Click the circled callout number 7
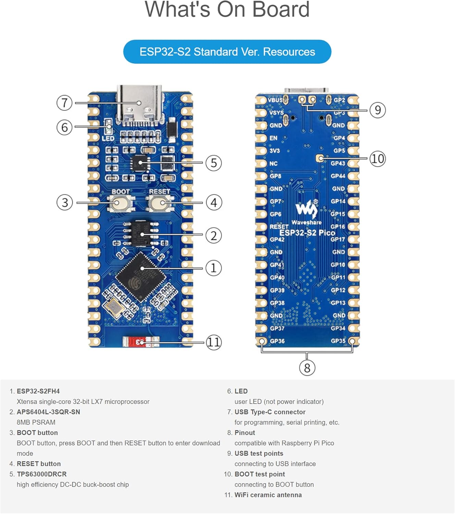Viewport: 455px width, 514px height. click(64, 103)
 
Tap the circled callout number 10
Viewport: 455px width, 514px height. click(378, 159)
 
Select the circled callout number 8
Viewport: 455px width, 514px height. click(307, 368)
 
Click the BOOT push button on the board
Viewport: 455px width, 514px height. click(117, 203)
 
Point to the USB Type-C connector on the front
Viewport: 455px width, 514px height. click(139, 105)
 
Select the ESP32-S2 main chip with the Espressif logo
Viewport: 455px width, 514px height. click(141, 277)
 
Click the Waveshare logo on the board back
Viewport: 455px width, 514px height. click(306, 209)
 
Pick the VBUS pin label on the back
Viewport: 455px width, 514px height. click(275, 100)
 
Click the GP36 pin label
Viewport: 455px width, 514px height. click(277, 341)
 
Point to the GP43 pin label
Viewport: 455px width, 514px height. click(338, 163)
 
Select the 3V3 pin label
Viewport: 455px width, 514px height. click(274, 151)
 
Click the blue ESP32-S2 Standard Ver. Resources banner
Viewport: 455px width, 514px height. click(227, 52)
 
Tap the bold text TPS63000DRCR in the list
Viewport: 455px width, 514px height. click(42, 474)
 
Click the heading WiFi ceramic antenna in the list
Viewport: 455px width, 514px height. click(268, 495)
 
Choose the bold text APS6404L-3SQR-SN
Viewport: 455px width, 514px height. click(48, 412)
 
